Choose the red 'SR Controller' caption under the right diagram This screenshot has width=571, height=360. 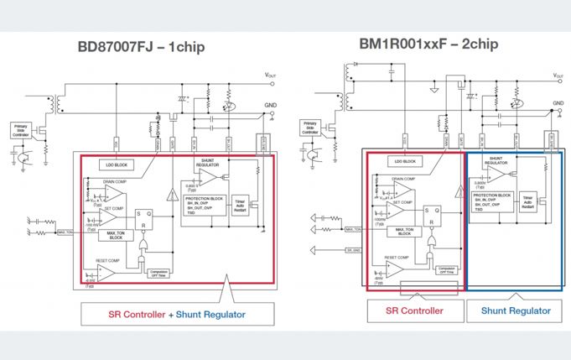(x=414, y=310)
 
